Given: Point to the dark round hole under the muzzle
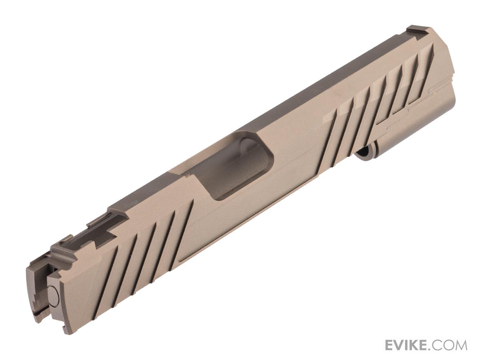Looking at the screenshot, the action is tap(364, 153).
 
